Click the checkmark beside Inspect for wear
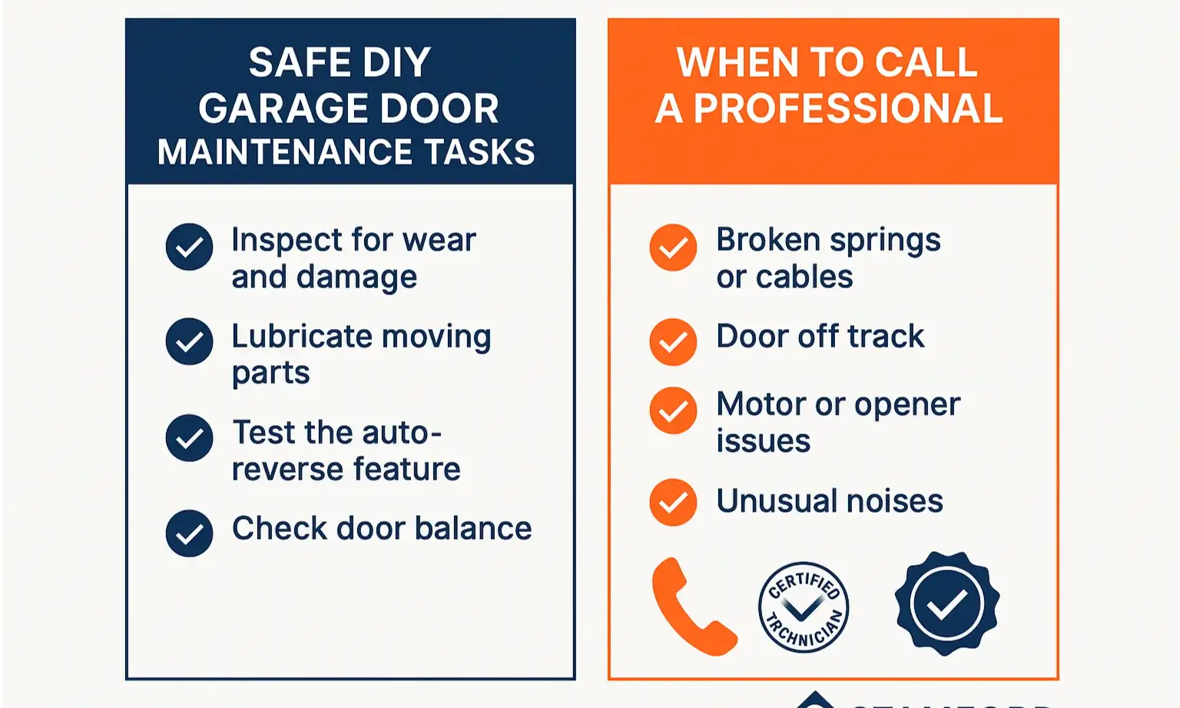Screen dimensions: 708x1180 coord(189,247)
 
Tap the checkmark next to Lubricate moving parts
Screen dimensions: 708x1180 coord(189,341)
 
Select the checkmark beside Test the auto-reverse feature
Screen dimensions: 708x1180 coord(189,438)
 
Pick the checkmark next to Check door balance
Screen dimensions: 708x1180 coord(189,533)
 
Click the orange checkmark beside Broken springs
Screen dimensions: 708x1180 coord(673,248)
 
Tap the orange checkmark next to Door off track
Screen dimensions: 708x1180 coord(673,341)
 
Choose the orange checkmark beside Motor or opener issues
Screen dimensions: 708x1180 coord(673,411)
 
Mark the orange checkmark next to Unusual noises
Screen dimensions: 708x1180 coord(673,502)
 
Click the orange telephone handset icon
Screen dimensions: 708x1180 coord(692,607)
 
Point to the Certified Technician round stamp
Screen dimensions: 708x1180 coord(804,607)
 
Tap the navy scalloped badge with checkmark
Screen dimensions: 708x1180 coord(946,603)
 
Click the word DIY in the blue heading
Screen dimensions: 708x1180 coord(396,63)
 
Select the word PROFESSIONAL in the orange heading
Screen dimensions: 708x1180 coord(848,108)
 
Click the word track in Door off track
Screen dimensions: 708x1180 coord(886,337)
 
